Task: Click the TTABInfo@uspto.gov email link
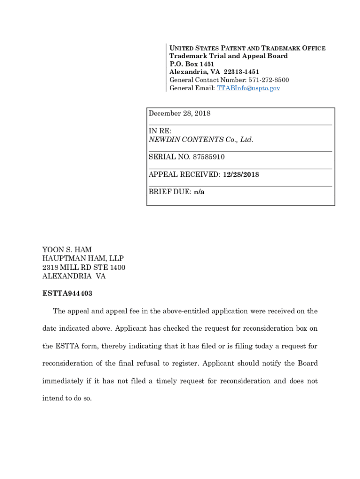click(x=248, y=88)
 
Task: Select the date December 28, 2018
click(x=180, y=113)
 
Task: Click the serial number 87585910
click(x=206, y=157)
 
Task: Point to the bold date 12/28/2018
click(x=241, y=174)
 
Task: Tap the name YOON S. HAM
click(x=67, y=250)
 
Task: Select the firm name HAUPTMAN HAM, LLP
click(x=83, y=259)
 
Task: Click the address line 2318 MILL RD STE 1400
click(x=84, y=268)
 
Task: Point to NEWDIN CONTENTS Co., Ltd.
click(x=201, y=139)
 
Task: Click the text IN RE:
click(x=160, y=131)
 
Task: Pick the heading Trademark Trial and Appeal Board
click(x=229, y=56)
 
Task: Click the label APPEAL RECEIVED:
click(x=185, y=174)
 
